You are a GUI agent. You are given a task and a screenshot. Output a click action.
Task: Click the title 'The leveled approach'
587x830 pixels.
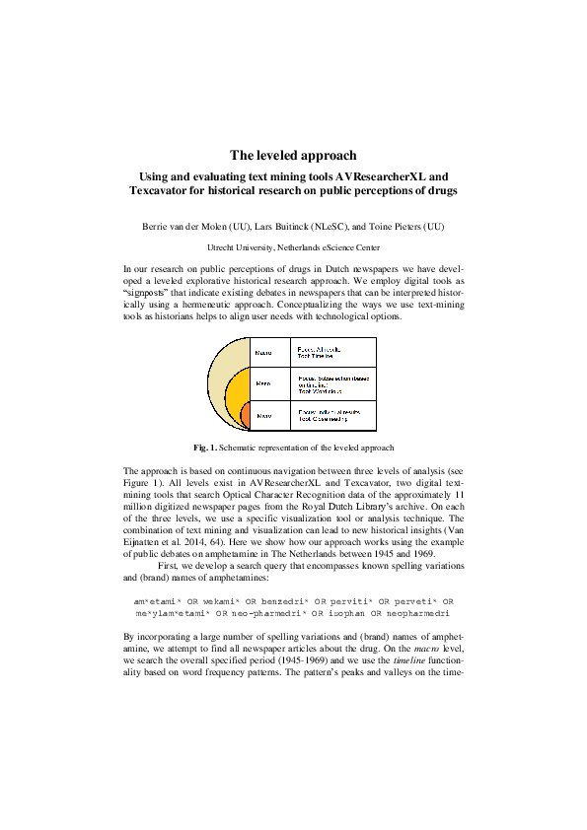[293, 155]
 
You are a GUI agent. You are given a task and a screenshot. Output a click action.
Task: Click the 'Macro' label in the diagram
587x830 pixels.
[263, 352]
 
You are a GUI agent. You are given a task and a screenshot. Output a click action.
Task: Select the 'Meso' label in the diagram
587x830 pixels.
[263, 382]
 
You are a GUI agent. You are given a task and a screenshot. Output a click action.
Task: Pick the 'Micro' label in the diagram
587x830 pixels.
[263, 416]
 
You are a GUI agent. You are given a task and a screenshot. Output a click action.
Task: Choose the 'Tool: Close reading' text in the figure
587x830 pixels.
[325, 419]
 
